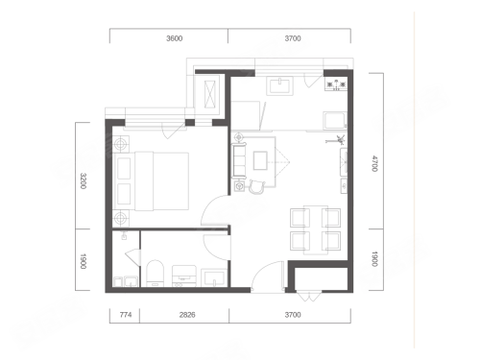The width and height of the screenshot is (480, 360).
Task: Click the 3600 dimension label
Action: [x=174, y=38]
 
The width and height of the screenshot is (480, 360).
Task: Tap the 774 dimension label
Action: [x=126, y=315]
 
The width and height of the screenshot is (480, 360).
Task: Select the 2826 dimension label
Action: [x=187, y=315]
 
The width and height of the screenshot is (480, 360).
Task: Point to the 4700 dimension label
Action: [x=374, y=163]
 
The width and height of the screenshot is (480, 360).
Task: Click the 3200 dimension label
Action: [x=84, y=180]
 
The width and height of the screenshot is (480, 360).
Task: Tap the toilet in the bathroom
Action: [x=155, y=273]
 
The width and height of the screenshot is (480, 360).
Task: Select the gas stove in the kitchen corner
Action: [x=336, y=84]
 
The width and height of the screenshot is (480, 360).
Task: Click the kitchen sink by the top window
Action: [x=280, y=85]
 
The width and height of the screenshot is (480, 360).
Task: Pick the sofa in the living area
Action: [x=239, y=161]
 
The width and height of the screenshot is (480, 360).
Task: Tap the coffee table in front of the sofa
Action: [x=260, y=160]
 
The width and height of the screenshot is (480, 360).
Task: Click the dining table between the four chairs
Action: [x=316, y=229]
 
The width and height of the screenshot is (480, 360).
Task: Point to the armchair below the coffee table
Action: [x=256, y=187]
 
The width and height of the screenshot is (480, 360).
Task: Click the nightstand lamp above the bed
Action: [x=120, y=144]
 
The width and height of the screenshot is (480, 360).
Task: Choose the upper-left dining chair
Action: [x=300, y=218]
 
